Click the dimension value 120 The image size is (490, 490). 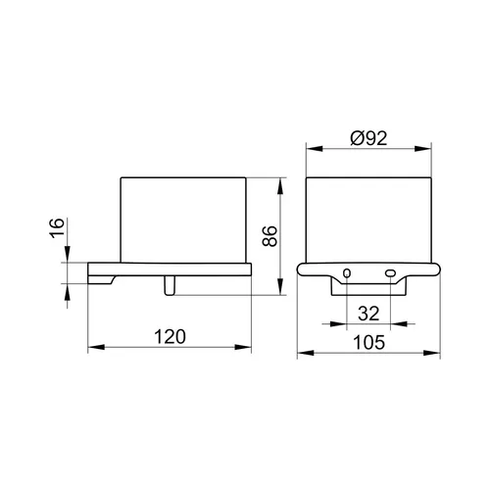tap(170, 336)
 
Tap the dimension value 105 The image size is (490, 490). tap(369, 343)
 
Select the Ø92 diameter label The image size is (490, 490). tap(368, 138)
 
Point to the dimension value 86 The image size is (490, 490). tap(269, 236)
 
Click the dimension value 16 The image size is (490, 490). tap(57, 227)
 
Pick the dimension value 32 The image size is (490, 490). tap(368, 314)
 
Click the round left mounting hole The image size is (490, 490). tap(347, 273)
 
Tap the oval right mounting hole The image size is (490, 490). tap(390, 273)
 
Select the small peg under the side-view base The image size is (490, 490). tap(170, 286)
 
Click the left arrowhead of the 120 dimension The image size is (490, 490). tap(96, 347)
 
